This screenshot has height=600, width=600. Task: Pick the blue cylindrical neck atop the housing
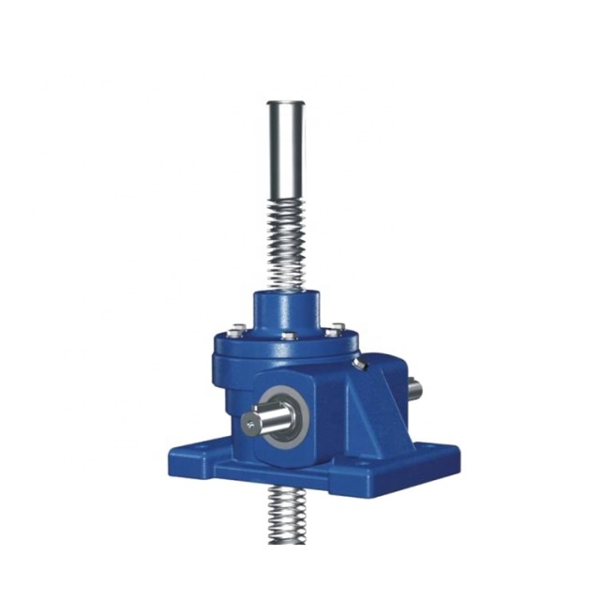(287, 309)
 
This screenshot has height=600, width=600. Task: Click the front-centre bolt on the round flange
(290, 336)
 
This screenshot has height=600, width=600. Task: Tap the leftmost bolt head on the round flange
(232, 329)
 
